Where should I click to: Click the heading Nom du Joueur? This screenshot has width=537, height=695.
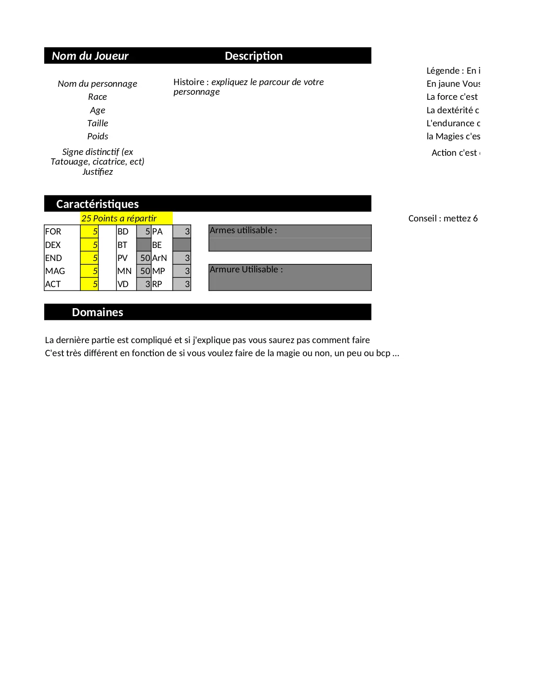90,56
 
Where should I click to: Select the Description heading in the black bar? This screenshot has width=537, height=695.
254,56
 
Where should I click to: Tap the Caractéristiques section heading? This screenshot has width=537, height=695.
97,204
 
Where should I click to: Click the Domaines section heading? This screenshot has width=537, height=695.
97,312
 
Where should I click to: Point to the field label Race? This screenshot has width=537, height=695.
97,97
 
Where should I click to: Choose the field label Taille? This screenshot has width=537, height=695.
97,123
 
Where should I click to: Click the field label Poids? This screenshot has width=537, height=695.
97,136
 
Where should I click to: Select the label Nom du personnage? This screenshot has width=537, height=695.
97,84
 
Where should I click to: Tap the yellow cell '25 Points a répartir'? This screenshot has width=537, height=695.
126,218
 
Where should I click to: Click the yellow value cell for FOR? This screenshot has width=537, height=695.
89,232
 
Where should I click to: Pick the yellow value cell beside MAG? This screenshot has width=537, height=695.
89,271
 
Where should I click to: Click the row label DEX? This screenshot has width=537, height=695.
53,245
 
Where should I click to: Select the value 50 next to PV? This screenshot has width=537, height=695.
144,258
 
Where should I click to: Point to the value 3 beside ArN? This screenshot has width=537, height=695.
182,258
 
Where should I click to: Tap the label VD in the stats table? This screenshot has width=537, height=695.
123,284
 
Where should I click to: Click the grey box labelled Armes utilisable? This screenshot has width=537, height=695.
290,238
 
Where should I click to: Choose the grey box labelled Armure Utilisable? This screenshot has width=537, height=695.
290,277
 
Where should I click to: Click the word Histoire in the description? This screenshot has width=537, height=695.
189,82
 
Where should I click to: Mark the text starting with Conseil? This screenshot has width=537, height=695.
443,218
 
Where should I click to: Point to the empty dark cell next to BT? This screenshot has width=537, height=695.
144,245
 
